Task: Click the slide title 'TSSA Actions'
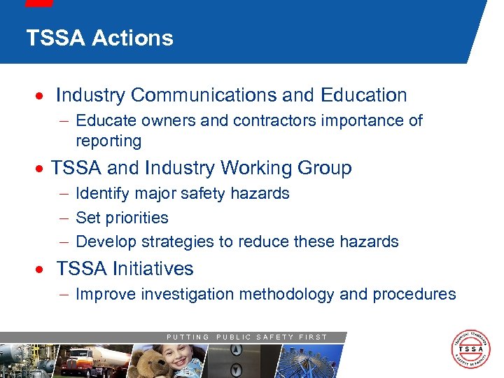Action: pyautogui.click(x=99, y=38)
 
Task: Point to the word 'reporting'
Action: pyautogui.click(x=108, y=141)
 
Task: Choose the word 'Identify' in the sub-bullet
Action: pyautogui.click(x=103, y=194)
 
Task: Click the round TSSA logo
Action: pyautogui.click(x=470, y=350)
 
